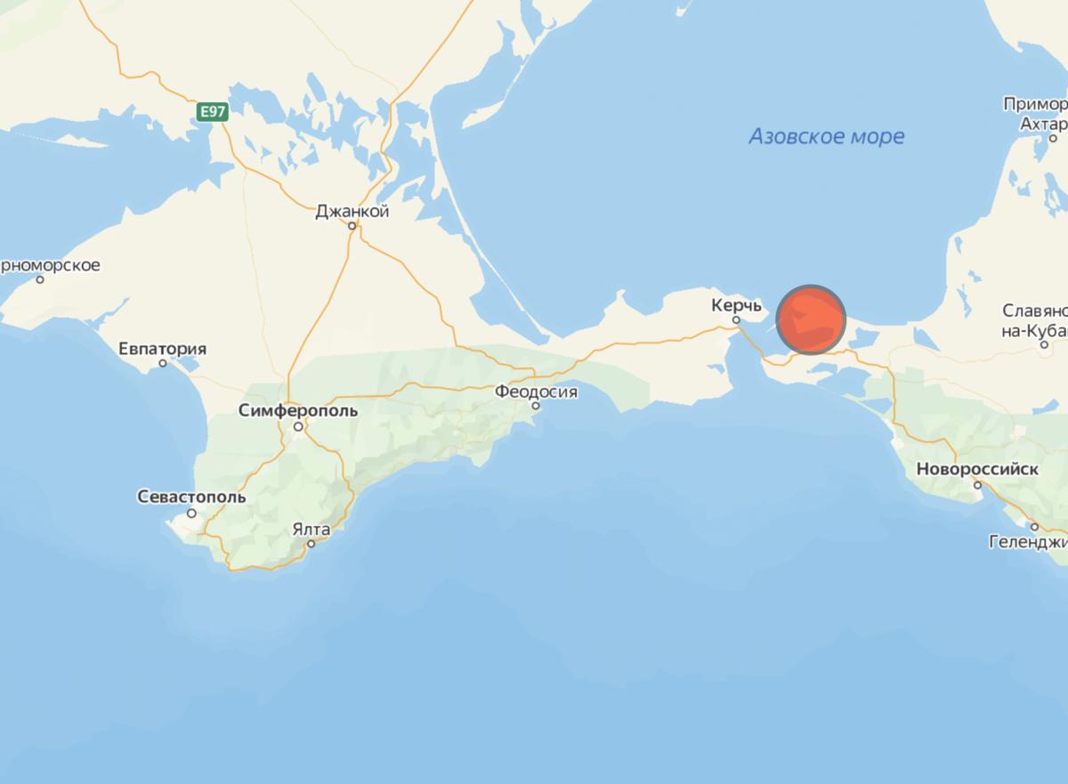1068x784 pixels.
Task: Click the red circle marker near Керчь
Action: [810, 320]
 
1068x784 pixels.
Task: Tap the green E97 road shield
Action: [211, 111]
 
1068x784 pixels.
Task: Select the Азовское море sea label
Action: [826, 137]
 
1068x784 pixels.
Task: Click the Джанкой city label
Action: [352, 212]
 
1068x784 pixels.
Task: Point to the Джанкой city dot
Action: [352, 226]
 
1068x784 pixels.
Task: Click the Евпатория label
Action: [162, 349]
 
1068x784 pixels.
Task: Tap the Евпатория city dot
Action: [163, 363]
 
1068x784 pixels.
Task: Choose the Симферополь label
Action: [298, 411]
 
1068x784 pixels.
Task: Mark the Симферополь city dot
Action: [300, 426]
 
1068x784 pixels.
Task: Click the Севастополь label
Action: [191, 497]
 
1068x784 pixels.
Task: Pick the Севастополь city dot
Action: [191, 513]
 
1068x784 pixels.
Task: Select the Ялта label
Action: [311, 529]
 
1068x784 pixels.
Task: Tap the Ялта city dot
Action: [311, 544]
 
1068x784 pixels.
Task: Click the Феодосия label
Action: [537, 392]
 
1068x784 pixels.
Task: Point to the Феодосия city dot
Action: [536, 406]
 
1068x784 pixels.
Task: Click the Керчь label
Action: [735, 305]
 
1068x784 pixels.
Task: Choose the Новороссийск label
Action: [976, 469]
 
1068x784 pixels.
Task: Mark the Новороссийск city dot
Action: [977, 485]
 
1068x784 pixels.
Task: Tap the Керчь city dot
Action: [736, 320]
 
